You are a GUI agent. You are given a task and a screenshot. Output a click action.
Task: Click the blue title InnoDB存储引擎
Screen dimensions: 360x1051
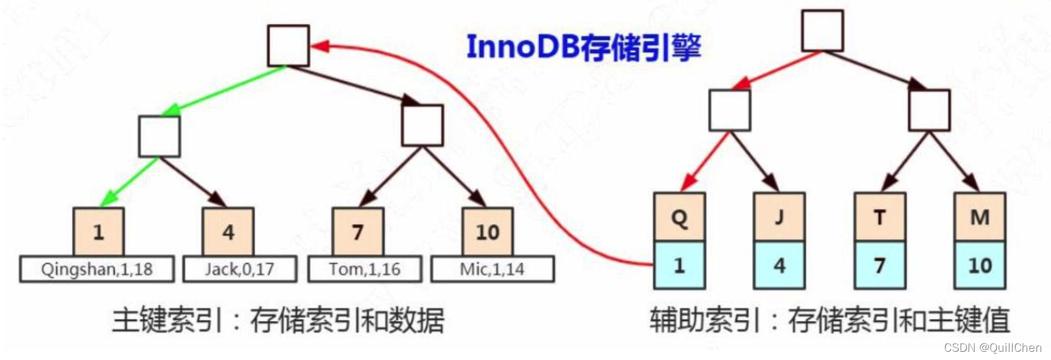[x=583, y=47]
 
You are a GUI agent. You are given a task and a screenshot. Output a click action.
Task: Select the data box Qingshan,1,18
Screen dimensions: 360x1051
[x=96, y=269]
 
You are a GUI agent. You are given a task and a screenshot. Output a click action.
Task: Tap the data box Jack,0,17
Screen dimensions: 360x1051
[x=239, y=269]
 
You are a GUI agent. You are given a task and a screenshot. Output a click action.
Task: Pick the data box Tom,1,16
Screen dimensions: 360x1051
[x=364, y=269]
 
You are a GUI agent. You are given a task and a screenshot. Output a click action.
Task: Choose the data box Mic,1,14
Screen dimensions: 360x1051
[x=492, y=269]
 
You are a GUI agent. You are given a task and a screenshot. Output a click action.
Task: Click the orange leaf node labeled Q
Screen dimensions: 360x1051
[x=679, y=217]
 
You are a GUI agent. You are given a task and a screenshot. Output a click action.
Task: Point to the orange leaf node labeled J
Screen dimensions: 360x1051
[x=779, y=217]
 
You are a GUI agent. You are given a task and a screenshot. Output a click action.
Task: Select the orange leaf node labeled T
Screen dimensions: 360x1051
[x=879, y=217]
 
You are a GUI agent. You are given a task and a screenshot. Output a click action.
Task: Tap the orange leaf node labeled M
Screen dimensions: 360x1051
[x=979, y=217]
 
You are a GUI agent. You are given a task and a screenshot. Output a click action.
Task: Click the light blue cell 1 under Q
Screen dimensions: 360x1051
[x=679, y=265]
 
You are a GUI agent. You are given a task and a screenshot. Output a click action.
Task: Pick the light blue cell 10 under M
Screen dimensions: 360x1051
[x=979, y=265]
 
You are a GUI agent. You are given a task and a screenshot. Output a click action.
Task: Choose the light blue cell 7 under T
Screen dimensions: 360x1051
[x=879, y=265]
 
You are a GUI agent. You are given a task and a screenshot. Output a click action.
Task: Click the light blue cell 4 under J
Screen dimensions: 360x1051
[x=779, y=265]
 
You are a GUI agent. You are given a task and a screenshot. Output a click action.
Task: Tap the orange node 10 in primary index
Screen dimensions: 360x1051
[x=487, y=232]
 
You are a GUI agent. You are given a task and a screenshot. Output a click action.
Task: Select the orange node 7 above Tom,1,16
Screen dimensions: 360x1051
[x=357, y=232]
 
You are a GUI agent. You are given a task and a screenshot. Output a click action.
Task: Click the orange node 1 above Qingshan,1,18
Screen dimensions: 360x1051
[x=98, y=232]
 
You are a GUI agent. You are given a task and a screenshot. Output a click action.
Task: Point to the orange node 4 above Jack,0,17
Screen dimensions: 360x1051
[x=228, y=232]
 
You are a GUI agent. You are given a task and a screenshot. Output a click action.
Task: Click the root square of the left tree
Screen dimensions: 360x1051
[x=288, y=46]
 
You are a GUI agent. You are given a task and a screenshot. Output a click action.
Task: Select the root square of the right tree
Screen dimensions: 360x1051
[x=822, y=31]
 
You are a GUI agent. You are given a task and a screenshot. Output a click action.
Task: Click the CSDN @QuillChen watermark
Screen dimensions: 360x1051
[x=992, y=347]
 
